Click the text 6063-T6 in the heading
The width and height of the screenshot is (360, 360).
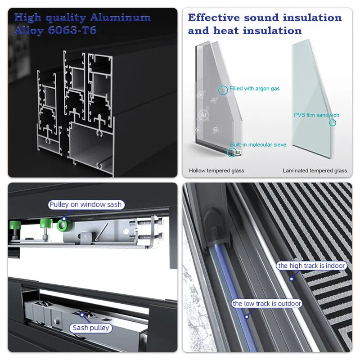72,31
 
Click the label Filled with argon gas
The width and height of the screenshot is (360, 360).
254,89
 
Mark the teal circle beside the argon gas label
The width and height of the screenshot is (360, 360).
223,90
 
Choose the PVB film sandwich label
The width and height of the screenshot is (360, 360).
316,115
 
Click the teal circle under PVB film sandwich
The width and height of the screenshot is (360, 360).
333,122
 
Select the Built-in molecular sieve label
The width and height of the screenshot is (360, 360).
258,145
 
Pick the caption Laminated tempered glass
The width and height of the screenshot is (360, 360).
315,171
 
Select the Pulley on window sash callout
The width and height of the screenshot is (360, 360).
85,205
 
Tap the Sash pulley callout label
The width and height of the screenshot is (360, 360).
91,328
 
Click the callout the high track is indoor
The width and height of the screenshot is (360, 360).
311,266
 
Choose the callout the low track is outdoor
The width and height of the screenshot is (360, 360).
266,304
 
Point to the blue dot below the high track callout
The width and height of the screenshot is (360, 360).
291,279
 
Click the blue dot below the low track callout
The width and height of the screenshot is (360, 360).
246,317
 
